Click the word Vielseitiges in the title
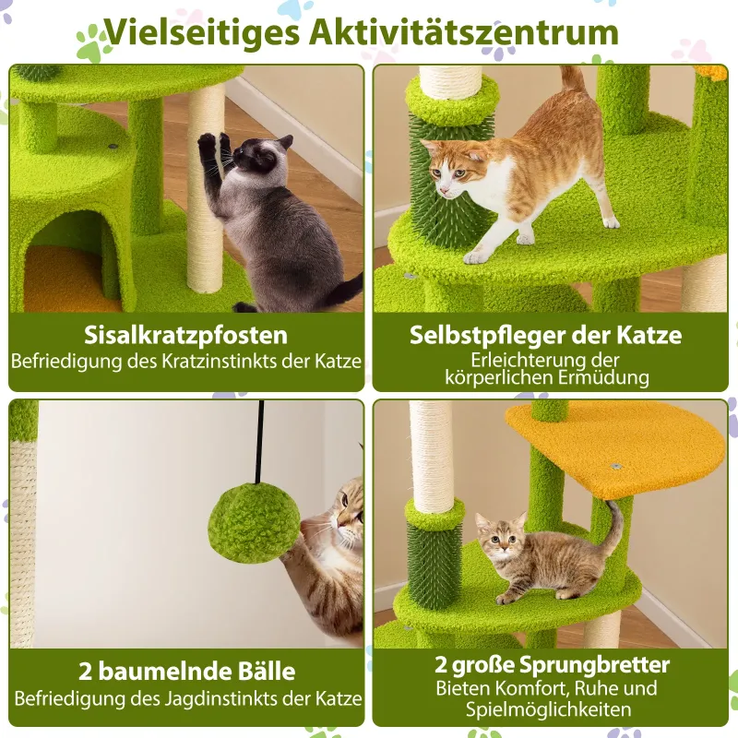tap(202, 32)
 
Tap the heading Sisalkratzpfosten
tap(186, 335)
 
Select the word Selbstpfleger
tap(487, 335)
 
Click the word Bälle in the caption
tap(268, 671)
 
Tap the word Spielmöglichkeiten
tap(549, 709)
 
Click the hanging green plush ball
tap(255, 522)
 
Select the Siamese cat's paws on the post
tap(215, 144)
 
